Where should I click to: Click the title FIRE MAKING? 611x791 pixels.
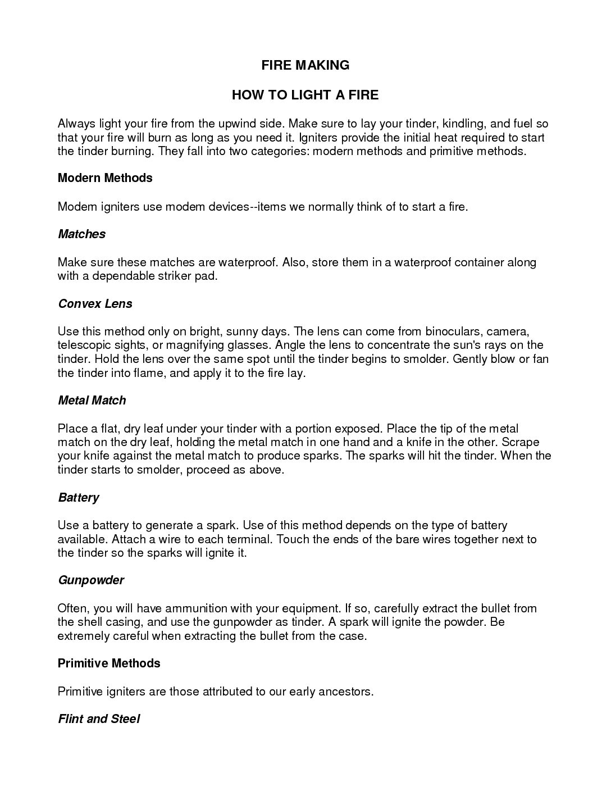305,65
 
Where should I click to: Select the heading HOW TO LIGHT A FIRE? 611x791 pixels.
305,95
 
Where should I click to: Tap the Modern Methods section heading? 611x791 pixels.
105,178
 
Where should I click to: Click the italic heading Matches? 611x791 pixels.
81,234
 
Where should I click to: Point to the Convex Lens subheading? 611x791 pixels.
95,304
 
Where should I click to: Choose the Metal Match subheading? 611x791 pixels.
92,401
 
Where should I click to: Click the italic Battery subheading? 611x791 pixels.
78,498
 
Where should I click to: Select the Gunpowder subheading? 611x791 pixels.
90,580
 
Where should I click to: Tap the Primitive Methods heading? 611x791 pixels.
109,663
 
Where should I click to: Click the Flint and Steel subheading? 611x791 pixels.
98,719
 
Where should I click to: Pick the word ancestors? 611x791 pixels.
345,692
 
